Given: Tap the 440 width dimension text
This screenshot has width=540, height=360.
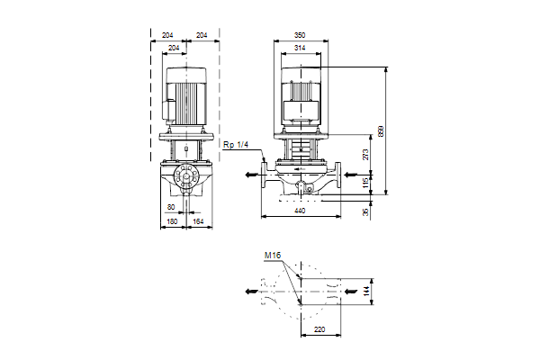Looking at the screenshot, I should [300, 210].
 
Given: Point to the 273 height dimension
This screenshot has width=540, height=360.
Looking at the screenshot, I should [364, 155].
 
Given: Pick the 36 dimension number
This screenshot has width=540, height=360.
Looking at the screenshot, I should [364, 212].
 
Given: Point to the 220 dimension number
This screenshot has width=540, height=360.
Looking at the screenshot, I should [320, 330].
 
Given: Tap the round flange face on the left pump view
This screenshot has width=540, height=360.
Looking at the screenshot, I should [187, 177].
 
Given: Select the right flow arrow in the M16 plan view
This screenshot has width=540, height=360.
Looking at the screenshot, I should [350, 292].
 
